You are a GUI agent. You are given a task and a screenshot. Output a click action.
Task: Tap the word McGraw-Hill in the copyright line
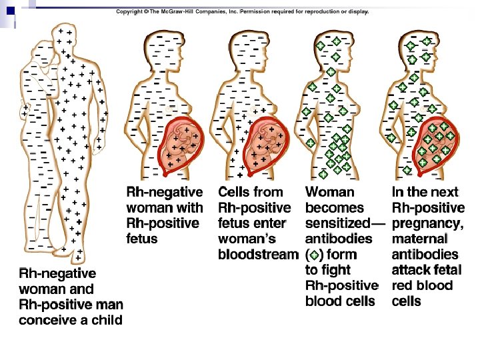181,12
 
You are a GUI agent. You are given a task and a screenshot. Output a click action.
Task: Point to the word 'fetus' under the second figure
142,239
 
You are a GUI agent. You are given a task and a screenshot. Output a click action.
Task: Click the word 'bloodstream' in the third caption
257,255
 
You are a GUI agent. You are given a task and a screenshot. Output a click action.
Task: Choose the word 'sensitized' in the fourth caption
337,223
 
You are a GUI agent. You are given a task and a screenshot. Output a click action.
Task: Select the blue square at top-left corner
10,10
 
